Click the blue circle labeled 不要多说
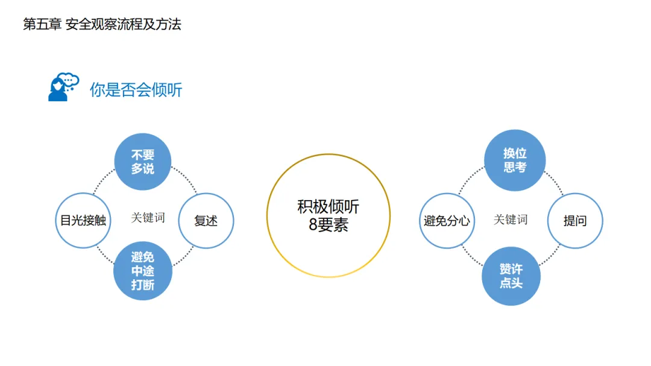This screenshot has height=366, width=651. (143, 162)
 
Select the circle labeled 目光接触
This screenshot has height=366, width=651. (83, 221)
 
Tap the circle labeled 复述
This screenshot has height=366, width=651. (206, 221)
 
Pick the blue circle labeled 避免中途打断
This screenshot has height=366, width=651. (143, 271)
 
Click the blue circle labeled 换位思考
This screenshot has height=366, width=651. (515, 160)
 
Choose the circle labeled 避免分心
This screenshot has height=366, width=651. (447, 221)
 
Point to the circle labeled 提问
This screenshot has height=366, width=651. (574, 221)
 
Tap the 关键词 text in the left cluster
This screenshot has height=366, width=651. (148, 218)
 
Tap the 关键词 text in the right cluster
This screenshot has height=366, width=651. (511, 219)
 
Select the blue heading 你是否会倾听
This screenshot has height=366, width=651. (136, 90)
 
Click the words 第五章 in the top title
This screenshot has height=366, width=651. (42, 24)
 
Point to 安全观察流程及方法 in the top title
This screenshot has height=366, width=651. (124, 24)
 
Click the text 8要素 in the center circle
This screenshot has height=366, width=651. (328, 226)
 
